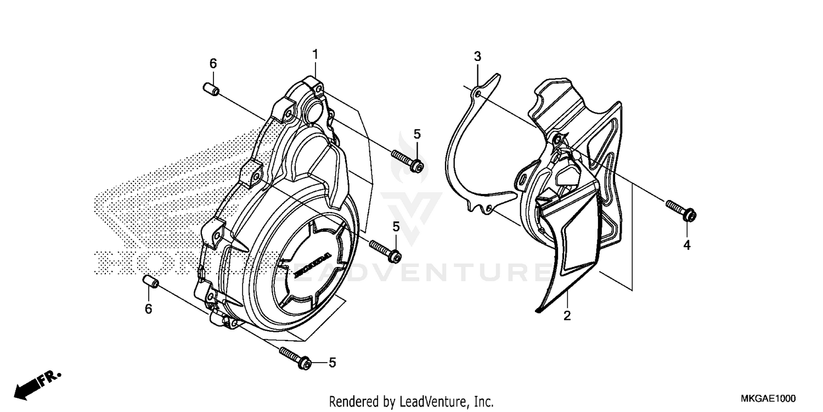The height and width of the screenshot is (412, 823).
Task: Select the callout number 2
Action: pos(567,316)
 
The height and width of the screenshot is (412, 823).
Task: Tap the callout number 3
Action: pos(477,56)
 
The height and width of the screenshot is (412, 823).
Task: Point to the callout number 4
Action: pos(686,245)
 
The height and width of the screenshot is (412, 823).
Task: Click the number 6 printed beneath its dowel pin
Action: pos(148,309)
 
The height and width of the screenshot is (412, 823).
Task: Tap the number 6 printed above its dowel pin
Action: pos(213,64)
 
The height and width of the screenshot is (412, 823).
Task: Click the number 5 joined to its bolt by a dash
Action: pos(332,363)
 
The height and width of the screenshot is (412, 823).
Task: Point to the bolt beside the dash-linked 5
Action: pos(296,358)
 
